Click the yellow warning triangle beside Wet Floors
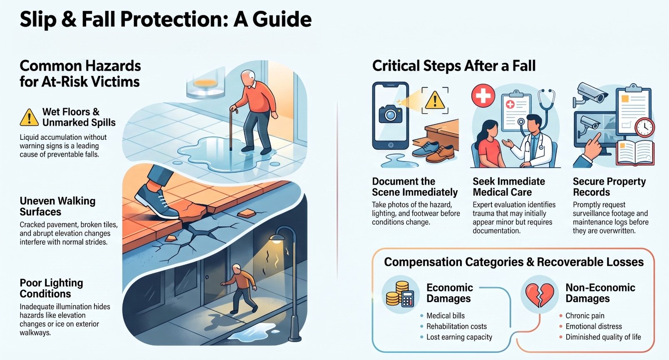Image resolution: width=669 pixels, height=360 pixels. tap(29, 117)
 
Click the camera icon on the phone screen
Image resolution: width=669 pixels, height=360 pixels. tap(390, 114)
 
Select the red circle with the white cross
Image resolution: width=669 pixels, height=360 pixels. tap(483, 96)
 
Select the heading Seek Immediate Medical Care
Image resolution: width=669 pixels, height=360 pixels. tap(509, 186)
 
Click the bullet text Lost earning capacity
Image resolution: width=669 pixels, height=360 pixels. tap(459, 337)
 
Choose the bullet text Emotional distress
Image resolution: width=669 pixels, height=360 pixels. tap(593, 326)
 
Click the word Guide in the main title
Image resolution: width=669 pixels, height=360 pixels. tap(282, 20)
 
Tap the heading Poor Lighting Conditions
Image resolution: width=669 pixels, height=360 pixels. tap(51, 288)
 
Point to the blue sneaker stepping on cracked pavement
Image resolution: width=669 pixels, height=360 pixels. tap(157, 202)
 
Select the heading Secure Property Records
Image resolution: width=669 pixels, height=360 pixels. tap(609, 186)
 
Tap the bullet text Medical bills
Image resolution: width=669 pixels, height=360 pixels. tap(445, 315)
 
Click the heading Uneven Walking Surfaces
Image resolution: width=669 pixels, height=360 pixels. tap(58, 206)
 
